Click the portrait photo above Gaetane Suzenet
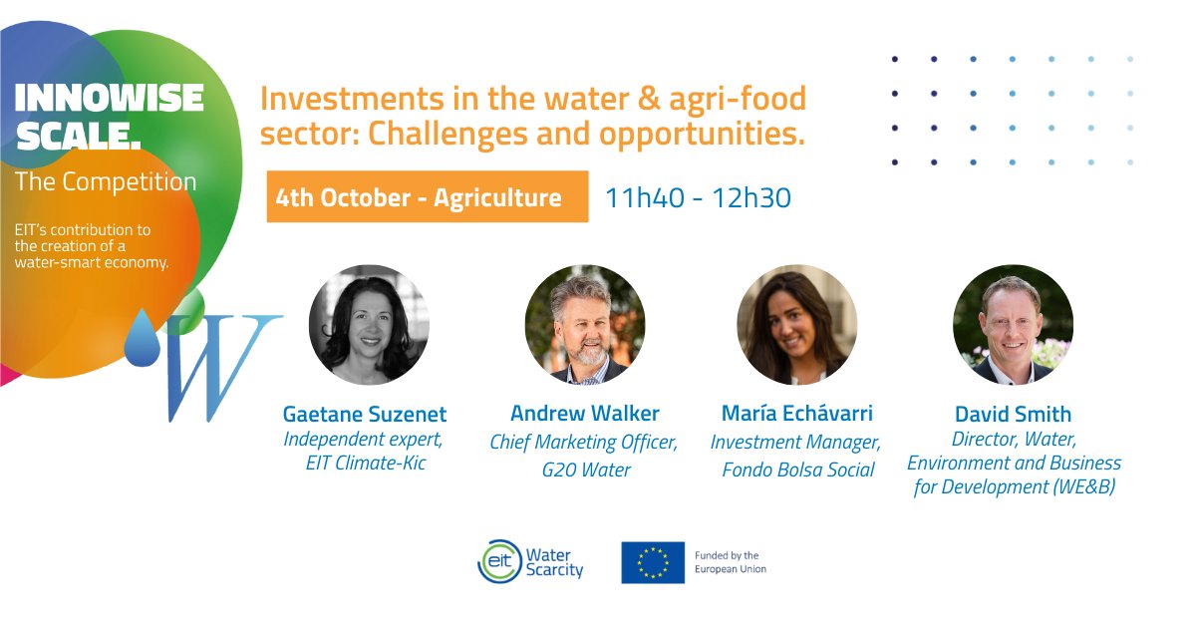click(x=369, y=325)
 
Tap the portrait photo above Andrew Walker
click(x=585, y=325)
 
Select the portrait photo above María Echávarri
click(x=797, y=325)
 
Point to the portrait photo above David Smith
click(x=1013, y=325)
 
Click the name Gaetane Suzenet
click(x=365, y=414)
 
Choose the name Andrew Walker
click(x=585, y=413)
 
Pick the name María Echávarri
click(x=797, y=413)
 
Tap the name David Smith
click(x=1013, y=414)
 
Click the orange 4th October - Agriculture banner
click(x=427, y=197)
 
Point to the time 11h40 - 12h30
click(x=698, y=197)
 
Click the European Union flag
click(x=653, y=562)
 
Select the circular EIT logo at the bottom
click(x=498, y=562)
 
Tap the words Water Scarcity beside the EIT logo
click(x=554, y=562)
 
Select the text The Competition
click(x=106, y=182)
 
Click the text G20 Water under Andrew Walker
click(x=585, y=469)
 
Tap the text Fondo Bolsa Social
click(x=797, y=469)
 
